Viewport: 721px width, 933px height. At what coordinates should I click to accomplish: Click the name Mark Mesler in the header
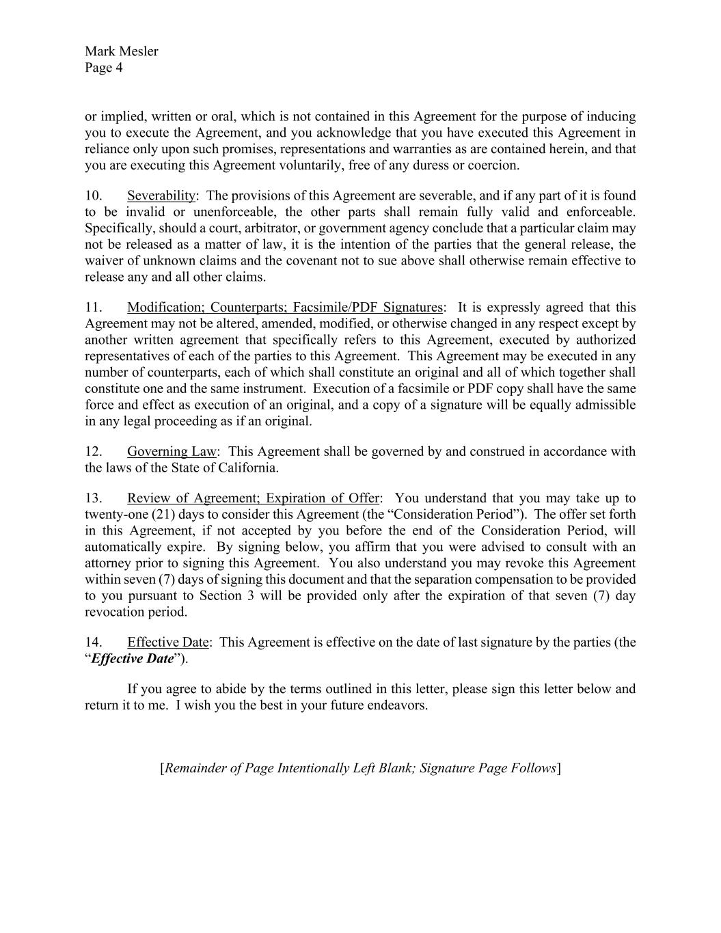click(121, 51)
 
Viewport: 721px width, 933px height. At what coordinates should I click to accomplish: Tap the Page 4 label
click(104, 68)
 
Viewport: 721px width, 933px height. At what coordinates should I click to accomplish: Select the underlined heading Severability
click(161, 195)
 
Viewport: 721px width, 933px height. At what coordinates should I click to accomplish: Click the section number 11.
click(94, 308)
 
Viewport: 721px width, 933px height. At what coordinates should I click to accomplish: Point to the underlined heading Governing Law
click(172, 452)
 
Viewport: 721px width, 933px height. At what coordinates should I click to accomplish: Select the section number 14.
click(94, 643)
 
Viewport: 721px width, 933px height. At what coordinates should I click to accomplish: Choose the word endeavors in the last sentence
click(399, 705)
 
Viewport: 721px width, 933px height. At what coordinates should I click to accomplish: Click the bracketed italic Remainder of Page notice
click(361, 768)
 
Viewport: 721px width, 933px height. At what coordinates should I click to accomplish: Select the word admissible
click(599, 405)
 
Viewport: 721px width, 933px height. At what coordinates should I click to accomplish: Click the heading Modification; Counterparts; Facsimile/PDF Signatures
click(285, 308)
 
